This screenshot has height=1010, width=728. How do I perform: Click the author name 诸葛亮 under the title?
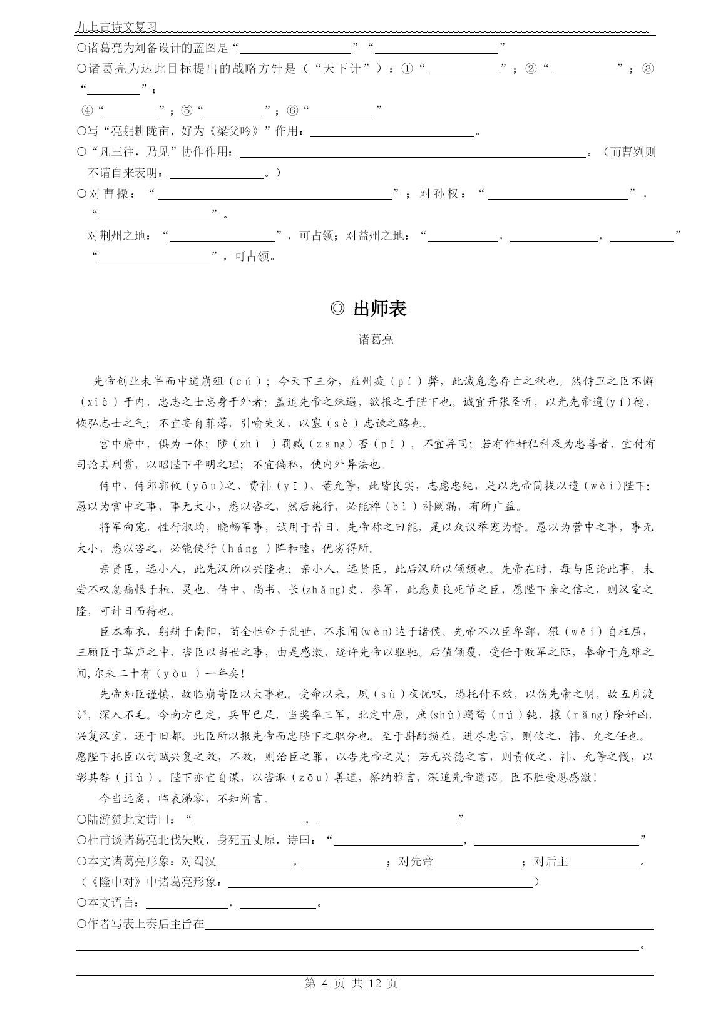[376, 340]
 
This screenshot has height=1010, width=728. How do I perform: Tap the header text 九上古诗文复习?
[116, 27]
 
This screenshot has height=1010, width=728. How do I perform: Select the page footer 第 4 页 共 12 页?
[351, 983]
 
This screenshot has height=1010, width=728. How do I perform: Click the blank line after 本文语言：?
[187, 904]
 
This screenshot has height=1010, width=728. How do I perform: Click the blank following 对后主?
[605, 862]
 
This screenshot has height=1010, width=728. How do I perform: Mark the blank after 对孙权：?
[558, 195]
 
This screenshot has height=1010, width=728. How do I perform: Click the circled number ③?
[647, 69]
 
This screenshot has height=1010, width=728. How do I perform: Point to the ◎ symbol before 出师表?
[337, 309]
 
